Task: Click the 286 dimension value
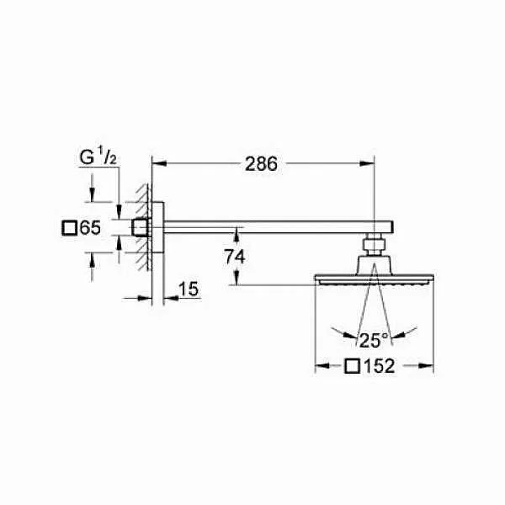click(x=261, y=164)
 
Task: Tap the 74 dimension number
click(x=235, y=257)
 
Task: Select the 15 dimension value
click(x=189, y=289)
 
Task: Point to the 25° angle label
click(x=374, y=340)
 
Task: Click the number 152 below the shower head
click(x=380, y=366)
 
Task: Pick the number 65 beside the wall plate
click(x=91, y=228)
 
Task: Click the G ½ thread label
click(x=98, y=157)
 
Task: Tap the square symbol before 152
click(x=352, y=366)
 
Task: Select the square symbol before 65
click(x=69, y=228)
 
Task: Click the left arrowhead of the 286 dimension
click(x=159, y=163)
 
